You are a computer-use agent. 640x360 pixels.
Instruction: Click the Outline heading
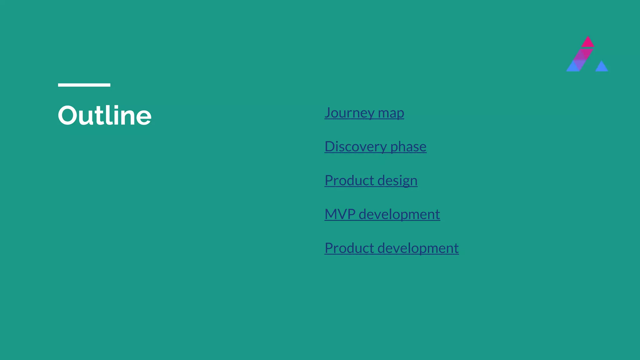104,115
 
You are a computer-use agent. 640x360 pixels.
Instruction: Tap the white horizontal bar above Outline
84,85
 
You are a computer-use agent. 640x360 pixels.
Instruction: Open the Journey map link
364,113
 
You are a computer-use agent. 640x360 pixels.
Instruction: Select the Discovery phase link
375,147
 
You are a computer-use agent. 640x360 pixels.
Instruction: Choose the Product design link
371,180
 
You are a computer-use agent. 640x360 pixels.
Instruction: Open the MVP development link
382,214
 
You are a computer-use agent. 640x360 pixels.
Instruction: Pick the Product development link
392,248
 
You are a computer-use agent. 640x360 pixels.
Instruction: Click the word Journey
349,113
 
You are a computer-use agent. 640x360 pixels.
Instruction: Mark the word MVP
340,214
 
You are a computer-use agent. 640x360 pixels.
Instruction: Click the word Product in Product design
349,180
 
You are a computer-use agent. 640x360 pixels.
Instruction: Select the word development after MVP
399,214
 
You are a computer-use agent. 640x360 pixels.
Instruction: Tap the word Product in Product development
349,248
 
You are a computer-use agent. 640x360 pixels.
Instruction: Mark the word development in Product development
418,248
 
